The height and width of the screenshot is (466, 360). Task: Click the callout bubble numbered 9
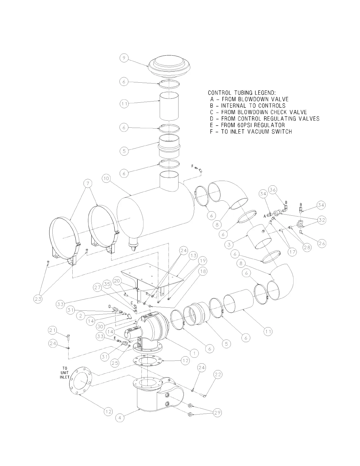(x=124, y=58)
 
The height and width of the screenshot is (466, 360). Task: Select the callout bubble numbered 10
(x=107, y=178)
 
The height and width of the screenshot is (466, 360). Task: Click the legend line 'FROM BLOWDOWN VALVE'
(x=249, y=99)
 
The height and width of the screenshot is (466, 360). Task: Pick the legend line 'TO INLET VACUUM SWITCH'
(x=251, y=132)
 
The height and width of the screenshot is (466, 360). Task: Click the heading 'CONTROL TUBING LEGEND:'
(x=242, y=93)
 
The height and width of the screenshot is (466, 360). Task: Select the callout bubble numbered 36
(x=273, y=190)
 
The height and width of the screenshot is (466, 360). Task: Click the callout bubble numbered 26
(x=321, y=243)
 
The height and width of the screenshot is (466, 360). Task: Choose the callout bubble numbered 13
(x=193, y=256)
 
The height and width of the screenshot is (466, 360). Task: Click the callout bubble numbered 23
(x=38, y=299)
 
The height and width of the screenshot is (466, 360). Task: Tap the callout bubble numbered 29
(x=217, y=413)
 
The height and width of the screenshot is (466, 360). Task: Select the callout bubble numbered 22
(x=218, y=375)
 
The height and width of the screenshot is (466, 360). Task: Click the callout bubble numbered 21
(x=52, y=331)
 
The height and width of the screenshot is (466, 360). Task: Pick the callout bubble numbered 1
(x=194, y=352)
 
